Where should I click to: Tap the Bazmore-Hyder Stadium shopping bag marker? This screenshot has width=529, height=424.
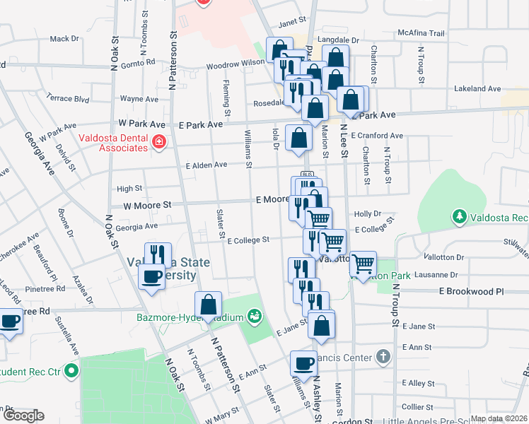pyautogui.click(x=209, y=305)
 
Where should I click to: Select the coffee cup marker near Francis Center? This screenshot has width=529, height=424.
pyautogui.click(x=304, y=363)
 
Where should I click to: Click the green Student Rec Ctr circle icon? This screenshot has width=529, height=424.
pyautogui.click(x=71, y=370)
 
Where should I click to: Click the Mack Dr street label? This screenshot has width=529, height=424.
pyautogui.click(x=64, y=39)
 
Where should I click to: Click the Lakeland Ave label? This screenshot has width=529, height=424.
pyautogui.click(x=477, y=89)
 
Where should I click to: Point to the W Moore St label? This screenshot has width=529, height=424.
pyautogui.click(x=148, y=205)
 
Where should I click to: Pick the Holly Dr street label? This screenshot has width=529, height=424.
pyautogui.click(x=368, y=213)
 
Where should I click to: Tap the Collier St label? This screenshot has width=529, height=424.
pyautogui.click(x=417, y=407)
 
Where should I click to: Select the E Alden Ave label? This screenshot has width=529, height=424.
pyautogui.click(x=206, y=165)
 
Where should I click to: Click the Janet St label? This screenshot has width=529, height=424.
pyautogui.click(x=292, y=21)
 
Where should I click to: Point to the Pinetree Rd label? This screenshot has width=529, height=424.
pyautogui.click(x=45, y=289)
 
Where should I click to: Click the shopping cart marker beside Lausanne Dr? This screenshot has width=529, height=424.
pyautogui.click(x=363, y=264)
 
